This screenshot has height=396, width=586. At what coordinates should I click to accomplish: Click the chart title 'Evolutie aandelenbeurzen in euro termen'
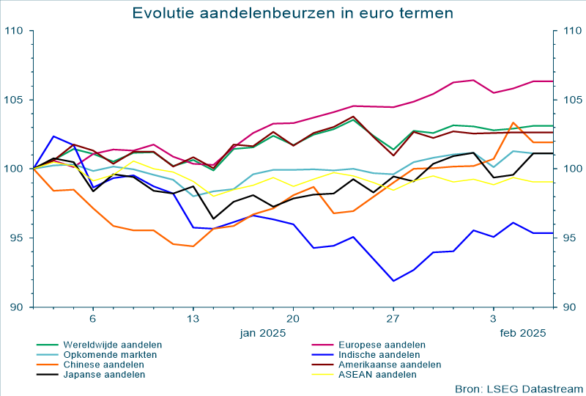click(x=292, y=12)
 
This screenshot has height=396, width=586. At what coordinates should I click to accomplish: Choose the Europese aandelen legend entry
click(x=382, y=344)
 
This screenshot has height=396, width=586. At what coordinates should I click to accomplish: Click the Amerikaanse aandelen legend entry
click(x=390, y=364)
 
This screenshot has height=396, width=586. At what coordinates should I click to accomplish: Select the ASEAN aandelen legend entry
click(x=377, y=375)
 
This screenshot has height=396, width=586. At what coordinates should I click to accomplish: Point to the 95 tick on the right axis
click(x=568, y=238)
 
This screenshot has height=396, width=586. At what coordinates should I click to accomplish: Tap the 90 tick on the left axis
click(x=17, y=307)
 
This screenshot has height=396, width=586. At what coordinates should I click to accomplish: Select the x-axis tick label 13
click(x=193, y=319)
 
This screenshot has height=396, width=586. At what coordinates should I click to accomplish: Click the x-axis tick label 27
click(x=393, y=319)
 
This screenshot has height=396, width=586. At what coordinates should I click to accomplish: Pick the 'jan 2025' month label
click(x=263, y=333)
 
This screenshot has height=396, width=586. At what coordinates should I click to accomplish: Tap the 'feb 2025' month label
click(x=523, y=333)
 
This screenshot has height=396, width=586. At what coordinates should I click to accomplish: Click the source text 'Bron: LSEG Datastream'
click(x=517, y=388)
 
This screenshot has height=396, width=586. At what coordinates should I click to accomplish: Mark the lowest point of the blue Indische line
click(x=393, y=281)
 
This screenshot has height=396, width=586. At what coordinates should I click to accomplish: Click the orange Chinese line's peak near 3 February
click(x=513, y=122)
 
